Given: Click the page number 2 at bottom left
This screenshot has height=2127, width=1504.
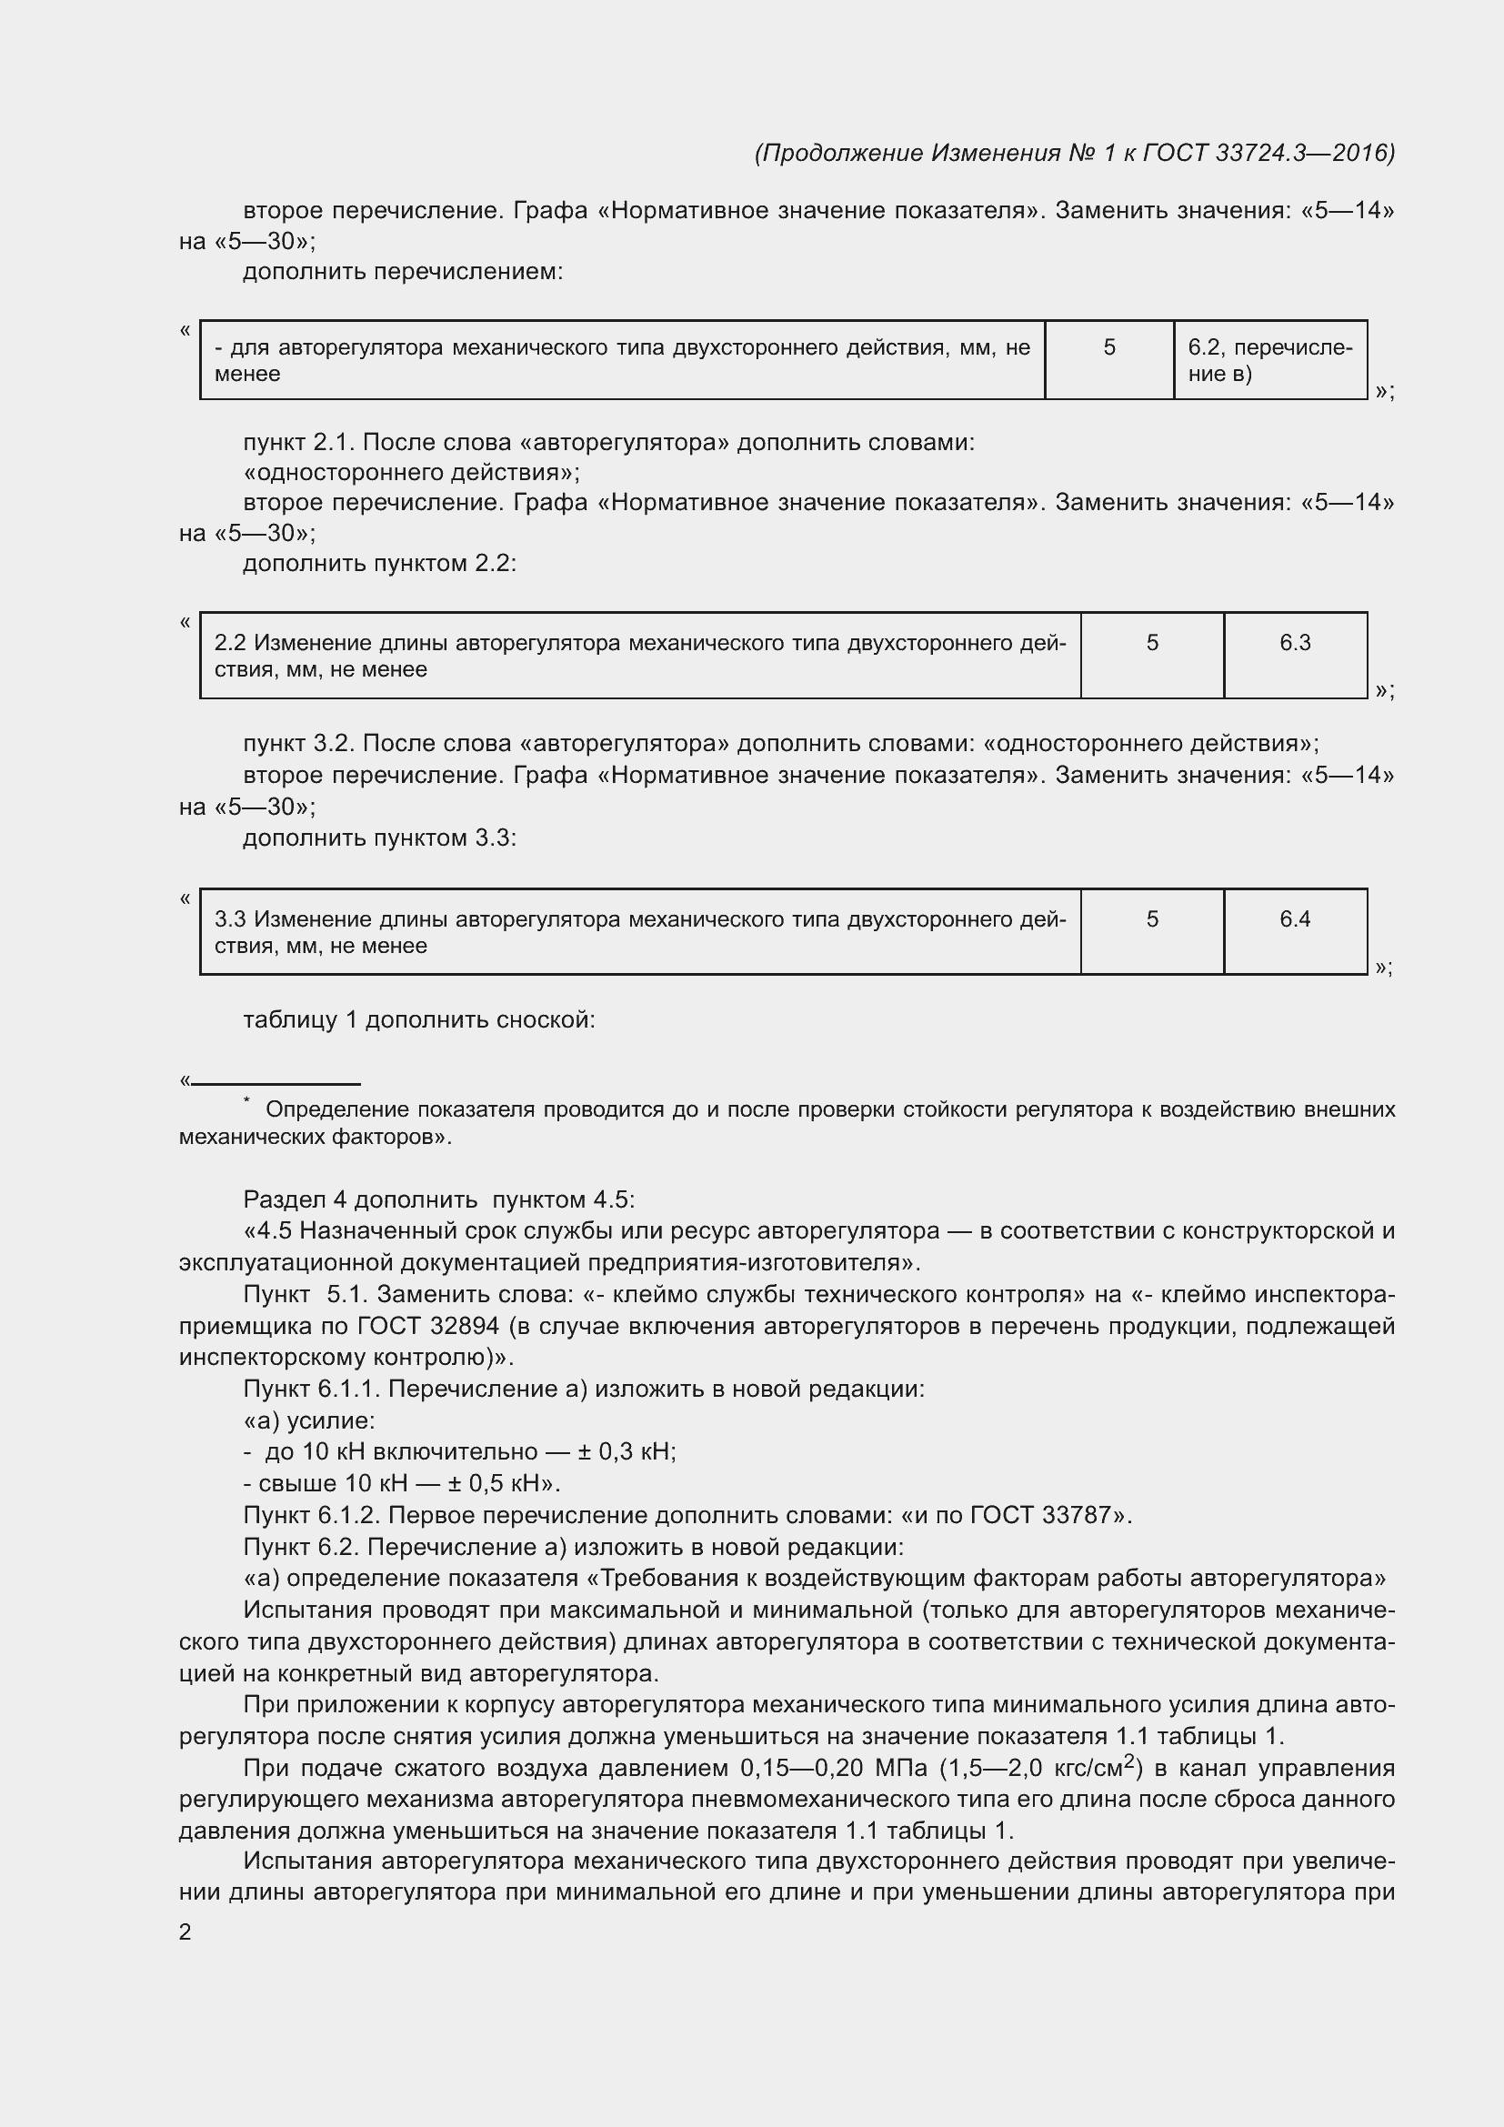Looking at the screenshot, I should (x=185, y=1931).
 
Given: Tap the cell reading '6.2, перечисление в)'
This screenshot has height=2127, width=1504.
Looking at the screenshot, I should (x=1269, y=360).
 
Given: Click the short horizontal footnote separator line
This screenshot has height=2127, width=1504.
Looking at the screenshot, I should (x=275, y=1083).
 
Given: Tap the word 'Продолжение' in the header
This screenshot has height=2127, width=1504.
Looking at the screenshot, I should (x=842, y=153).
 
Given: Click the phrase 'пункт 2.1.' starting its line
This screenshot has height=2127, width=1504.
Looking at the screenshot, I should (x=299, y=443).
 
